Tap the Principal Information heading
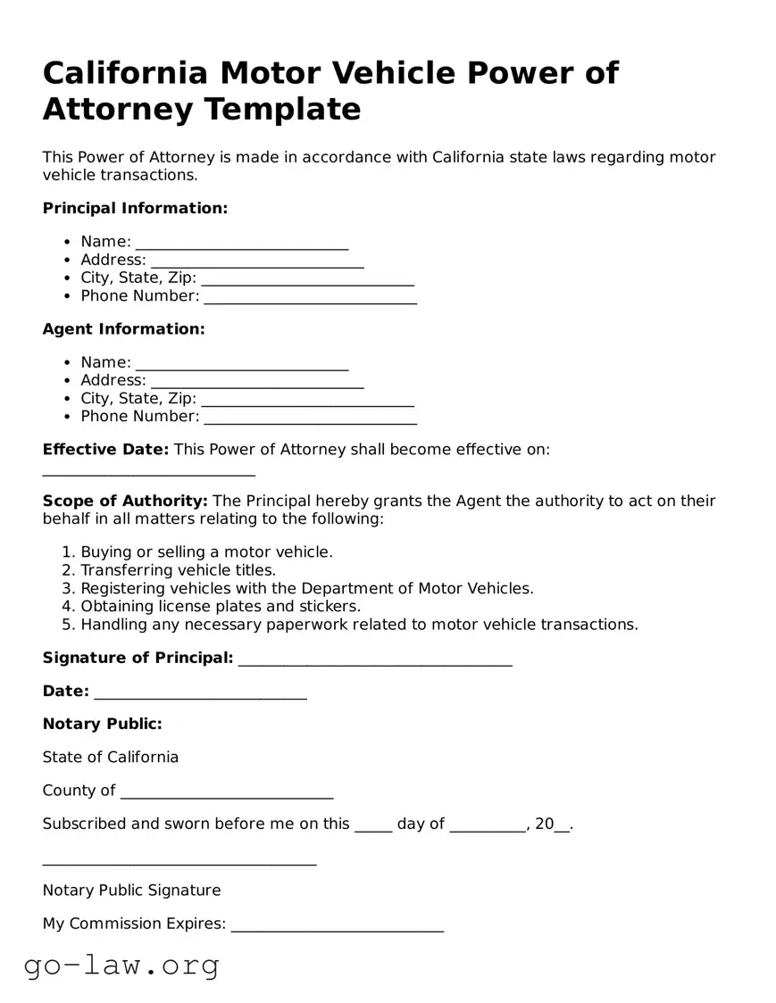[135, 208]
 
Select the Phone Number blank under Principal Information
[310, 297]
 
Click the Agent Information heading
[123, 328]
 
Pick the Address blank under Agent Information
[257, 382]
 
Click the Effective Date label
[105, 449]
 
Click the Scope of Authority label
[125, 501]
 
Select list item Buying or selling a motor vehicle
[206, 552]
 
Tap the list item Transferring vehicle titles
[178, 570]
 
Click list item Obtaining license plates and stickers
[221, 607]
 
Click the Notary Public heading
[102, 724]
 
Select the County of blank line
[226, 792]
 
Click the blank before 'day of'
[373, 825]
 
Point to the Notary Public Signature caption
[131, 890]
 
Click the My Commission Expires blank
[337, 925]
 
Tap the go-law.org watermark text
[121, 965]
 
